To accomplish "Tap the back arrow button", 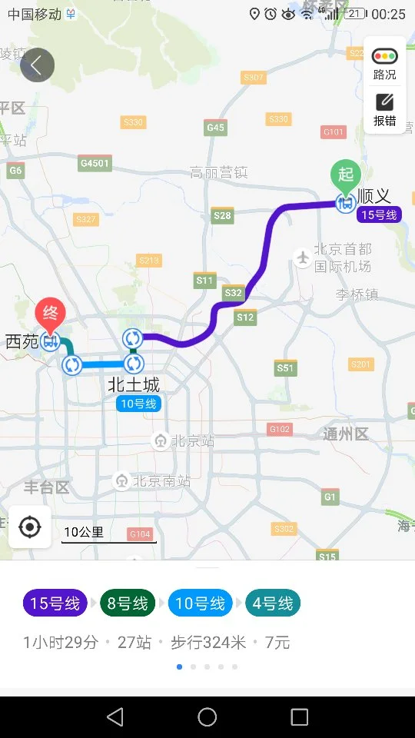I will (37, 65).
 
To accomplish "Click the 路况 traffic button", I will (384, 63).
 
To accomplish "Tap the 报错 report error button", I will (384, 109).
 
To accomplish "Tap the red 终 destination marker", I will (51, 314).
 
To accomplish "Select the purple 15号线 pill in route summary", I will (55, 603).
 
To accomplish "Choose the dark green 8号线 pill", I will (128, 603).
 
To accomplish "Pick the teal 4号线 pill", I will (273, 603).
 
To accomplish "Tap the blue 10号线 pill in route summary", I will (200, 603).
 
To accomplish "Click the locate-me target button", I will (30, 527).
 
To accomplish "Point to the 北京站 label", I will (192, 440).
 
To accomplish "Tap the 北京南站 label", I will (161, 481).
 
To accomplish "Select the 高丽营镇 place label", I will (219, 173).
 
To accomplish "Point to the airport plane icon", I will (303, 257).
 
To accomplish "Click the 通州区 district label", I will (346, 434).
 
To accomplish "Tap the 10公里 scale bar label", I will (84, 532).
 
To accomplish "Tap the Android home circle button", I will (207, 717).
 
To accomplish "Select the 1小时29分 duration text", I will (61, 643).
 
